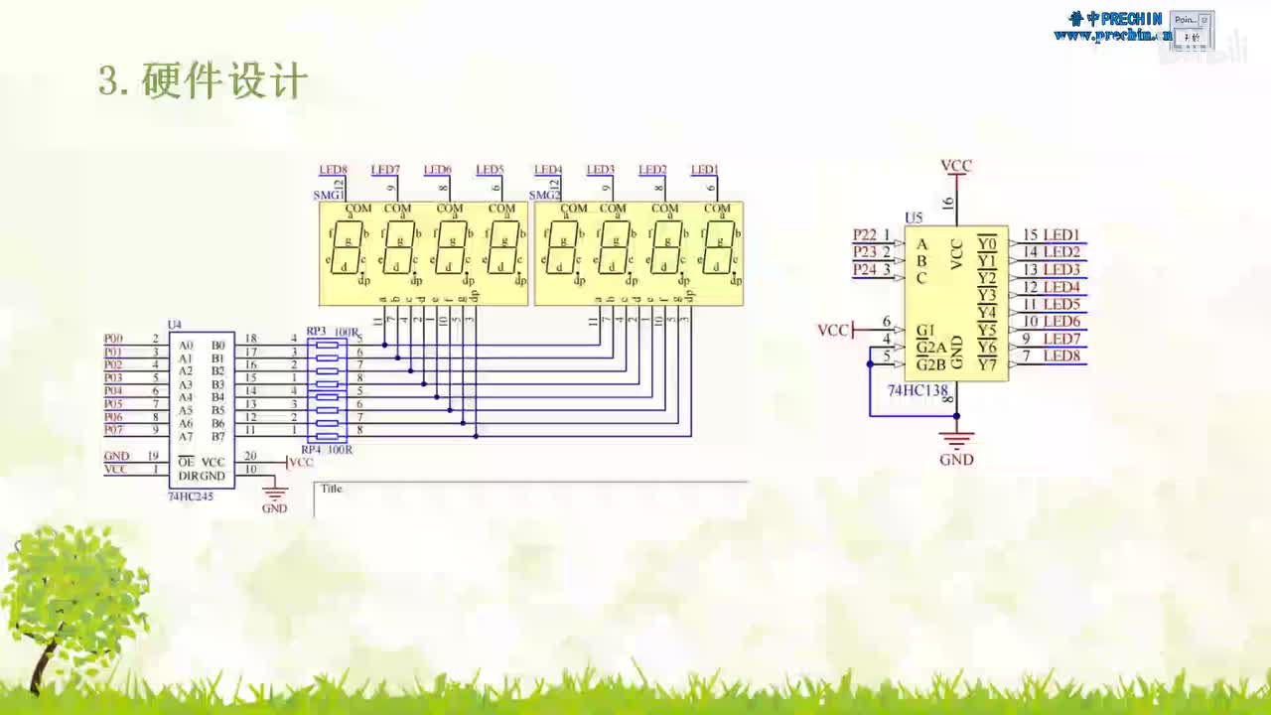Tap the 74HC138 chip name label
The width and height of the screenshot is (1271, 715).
point(918,390)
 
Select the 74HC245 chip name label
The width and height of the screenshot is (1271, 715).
point(190,496)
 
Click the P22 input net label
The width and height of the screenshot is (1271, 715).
point(865,234)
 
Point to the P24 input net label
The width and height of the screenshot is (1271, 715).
point(865,269)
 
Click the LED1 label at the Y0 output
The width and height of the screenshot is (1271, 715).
point(1061,234)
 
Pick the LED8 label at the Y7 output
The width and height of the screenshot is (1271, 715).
point(1061,356)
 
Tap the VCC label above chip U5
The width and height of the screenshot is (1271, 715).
point(956,166)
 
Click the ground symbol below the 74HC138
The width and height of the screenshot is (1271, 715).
point(956,439)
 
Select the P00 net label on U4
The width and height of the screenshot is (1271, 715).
point(113,339)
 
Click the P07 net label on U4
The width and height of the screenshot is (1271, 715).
point(113,430)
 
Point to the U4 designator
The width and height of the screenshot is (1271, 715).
point(175,325)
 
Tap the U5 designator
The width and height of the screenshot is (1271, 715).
point(914,217)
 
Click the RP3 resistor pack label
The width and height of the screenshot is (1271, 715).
point(316,331)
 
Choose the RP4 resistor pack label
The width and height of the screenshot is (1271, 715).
point(311,449)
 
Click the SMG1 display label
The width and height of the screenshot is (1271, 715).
point(328,195)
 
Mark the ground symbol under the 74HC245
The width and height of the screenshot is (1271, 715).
point(274,494)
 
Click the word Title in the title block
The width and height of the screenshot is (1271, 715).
point(331,489)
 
